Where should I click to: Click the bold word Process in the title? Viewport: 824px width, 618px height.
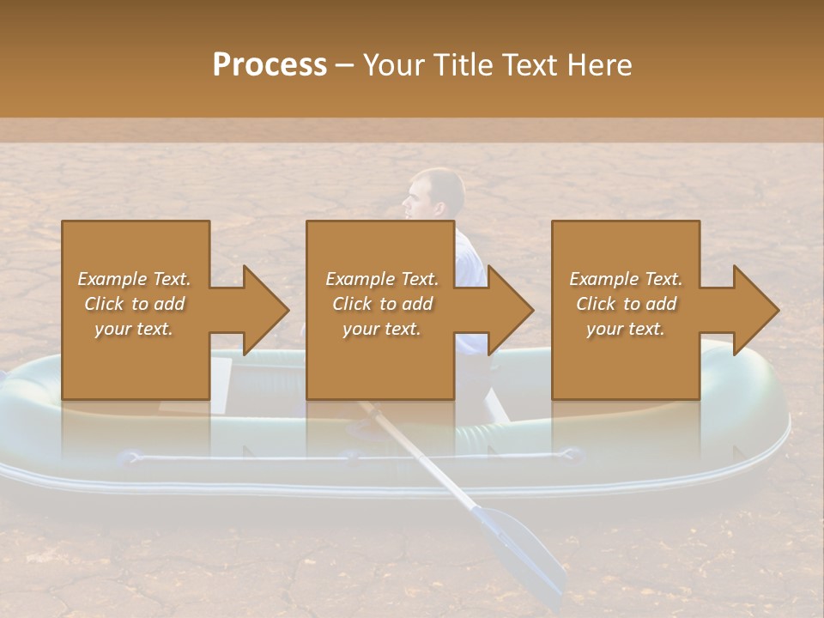pyautogui.click(x=270, y=65)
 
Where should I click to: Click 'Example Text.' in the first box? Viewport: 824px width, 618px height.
pyautogui.click(x=134, y=279)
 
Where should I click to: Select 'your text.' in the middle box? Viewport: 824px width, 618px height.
pyautogui.click(x=382, y=329)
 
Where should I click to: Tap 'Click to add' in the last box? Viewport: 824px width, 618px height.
pyautogui.click(x=626, y=304)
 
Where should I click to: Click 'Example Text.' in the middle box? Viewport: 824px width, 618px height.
pyautogui.click(x=382, y=279)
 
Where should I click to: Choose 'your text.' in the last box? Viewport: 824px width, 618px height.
pyautogui.click(x=626, y=329)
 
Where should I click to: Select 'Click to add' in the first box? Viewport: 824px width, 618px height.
pyautogui.click(x=134, y=304)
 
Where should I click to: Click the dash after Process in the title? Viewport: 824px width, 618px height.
pyautogui.click(x=345, y=65)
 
